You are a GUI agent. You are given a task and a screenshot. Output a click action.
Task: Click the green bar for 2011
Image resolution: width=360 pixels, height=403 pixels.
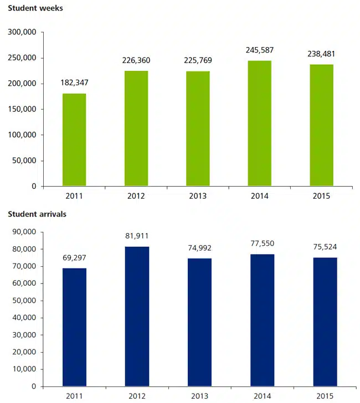coord(74,139)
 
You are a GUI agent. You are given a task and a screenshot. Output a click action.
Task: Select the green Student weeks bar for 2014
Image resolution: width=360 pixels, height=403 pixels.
coord(260,123)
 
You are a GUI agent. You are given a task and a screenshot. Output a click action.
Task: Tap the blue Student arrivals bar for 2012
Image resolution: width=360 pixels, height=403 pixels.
coord(136,316)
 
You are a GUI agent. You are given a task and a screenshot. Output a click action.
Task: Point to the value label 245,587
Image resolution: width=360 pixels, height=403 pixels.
coord(260,50)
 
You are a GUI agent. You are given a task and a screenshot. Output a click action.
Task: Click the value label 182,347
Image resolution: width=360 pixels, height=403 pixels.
coord(74,83)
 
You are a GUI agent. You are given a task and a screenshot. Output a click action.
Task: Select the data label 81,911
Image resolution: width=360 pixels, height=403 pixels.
coord(136,236)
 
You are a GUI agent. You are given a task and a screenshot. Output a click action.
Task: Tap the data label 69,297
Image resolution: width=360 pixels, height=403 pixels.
coord(74,258)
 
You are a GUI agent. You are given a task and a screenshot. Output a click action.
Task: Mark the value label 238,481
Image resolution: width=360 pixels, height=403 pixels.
coord(322,54)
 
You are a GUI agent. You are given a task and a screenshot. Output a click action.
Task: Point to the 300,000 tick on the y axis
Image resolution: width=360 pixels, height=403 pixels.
coord(23,33)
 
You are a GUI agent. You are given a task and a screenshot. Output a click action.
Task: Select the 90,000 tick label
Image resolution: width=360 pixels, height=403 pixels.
coord(25,232)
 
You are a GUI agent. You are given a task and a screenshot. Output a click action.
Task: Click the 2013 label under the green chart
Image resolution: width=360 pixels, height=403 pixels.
coord(198,196)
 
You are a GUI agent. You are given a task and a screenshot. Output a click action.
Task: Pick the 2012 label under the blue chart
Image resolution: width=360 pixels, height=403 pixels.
coord(136,396)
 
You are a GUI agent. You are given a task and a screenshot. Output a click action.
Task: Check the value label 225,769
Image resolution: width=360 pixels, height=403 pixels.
coord(198,60)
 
